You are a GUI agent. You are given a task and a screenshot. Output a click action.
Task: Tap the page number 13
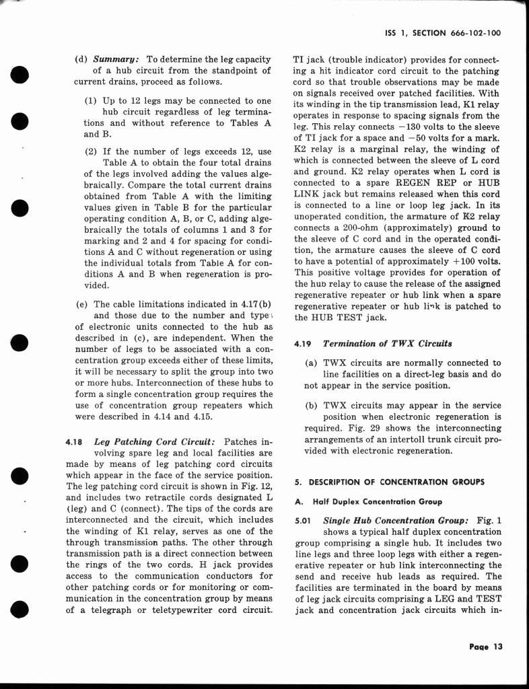[487, 647]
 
